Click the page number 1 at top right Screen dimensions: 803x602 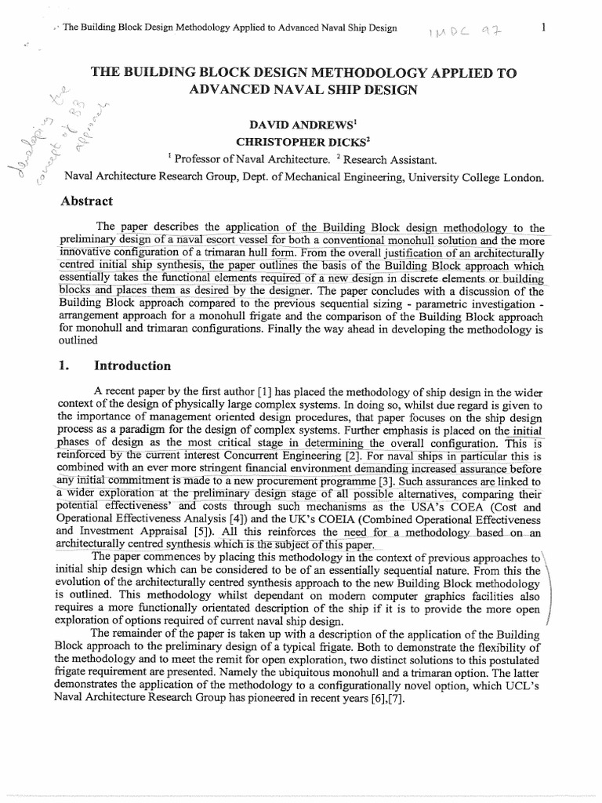pos(542,28)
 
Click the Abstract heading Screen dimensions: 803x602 pos(87,201)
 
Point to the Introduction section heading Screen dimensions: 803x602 pos(132,365)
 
